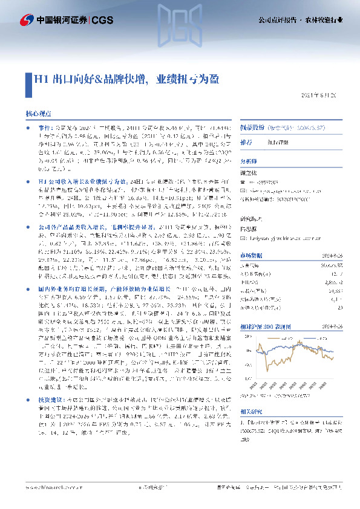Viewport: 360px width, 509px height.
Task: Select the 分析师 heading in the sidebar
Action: (x=249, y=161)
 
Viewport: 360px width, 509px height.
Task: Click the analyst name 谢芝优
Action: (x=249, y=173)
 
